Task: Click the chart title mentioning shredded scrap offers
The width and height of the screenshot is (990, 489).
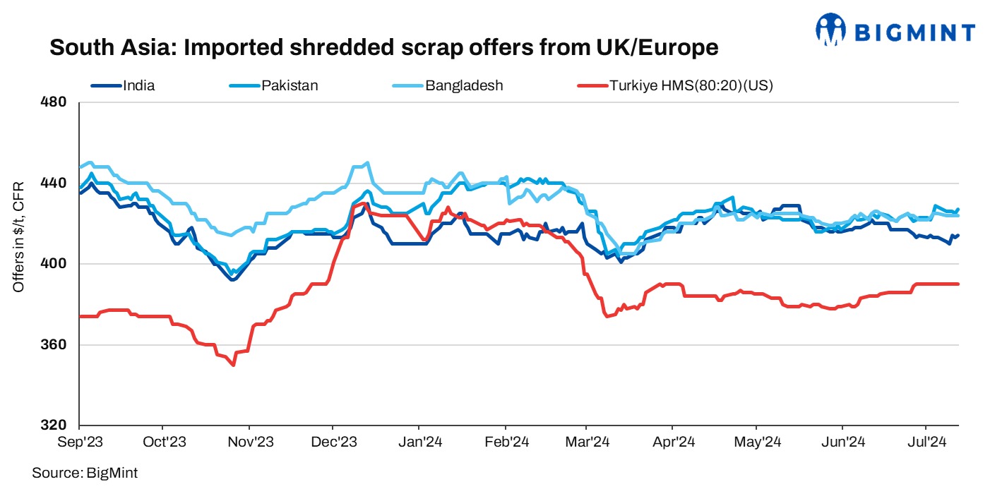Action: coord(383,48)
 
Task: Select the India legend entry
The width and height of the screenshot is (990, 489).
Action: coord(138,86)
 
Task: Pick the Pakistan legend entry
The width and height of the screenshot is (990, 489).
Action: coord(290,86)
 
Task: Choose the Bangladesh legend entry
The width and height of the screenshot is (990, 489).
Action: coord(464,86)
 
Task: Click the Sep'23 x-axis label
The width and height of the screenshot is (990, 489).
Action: coord(79,442)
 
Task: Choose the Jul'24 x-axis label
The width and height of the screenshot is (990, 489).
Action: coord(926,442)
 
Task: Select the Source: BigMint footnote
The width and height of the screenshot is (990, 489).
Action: coord(85,473)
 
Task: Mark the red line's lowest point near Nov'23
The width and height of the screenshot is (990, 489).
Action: coord(233,365)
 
